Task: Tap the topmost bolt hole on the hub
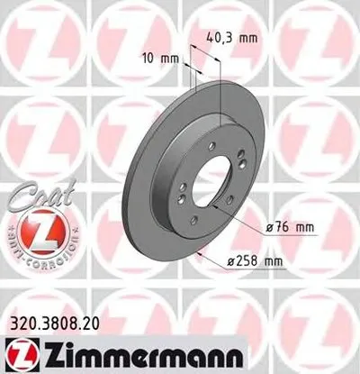(x=212, y=151)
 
